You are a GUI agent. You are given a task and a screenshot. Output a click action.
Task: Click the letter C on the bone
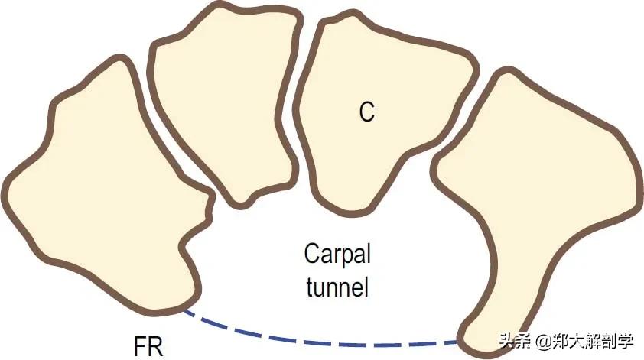(367, 112)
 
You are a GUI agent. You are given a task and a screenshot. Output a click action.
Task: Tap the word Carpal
(337, 253)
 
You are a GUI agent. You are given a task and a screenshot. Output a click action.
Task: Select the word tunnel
(337, 287)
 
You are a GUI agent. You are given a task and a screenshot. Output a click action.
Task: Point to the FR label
(142, 342)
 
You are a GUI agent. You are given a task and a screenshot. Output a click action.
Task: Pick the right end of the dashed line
(459, 339)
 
